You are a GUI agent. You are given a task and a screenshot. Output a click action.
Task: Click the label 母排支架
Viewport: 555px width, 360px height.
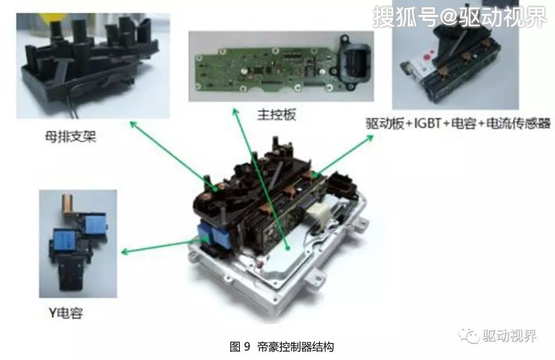[x=71, y=137]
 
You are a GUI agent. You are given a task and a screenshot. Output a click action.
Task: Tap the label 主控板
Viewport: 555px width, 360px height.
[x=276, y=115]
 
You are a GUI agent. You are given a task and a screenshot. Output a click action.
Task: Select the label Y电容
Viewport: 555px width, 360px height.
[x=66, y=313]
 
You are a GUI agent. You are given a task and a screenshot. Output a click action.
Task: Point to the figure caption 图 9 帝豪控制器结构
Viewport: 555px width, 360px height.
[x=282, y=347]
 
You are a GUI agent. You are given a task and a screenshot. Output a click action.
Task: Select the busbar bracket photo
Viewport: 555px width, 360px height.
[x=92, y=66]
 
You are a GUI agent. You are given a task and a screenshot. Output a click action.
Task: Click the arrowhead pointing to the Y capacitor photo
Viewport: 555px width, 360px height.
[x=124, y=252]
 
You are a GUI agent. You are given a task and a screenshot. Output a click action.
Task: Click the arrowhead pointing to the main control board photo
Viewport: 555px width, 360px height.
[x=235, y=112]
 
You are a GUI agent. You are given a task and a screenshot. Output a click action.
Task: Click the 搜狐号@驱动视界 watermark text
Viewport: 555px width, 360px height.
[x=459, y=17]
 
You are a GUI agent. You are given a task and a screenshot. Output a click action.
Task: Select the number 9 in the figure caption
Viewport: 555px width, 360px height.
[x=247, y=347]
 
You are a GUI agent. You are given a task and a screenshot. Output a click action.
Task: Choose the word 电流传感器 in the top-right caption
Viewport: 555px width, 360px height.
[x=518, y=123]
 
